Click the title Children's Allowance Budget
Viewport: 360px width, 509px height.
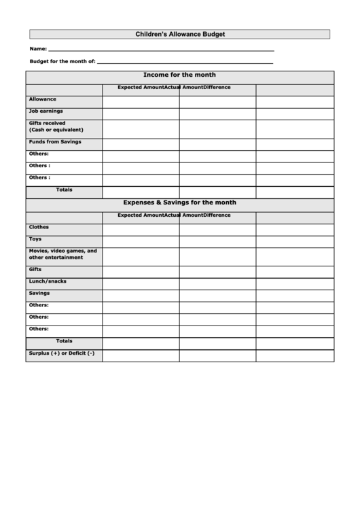(180, 34)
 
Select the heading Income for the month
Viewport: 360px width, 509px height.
(180, 75)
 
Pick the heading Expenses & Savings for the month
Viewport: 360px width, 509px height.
(180, 203)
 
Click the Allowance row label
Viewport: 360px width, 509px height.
(43, 99)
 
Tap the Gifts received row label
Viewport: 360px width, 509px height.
(48, 126)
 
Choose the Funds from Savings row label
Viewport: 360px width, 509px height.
(55, 141)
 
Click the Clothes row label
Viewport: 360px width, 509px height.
(39, 227)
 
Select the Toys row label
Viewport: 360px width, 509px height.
(35, 239)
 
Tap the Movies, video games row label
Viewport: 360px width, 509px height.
(62, 254)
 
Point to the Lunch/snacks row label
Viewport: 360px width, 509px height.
(48, 281)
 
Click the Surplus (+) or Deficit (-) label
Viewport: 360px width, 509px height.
(62, 353)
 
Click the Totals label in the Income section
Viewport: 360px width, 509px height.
(64, 190)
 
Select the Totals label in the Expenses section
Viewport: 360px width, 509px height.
(64, 341)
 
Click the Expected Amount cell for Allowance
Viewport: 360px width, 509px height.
(141, 102)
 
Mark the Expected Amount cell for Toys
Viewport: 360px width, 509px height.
(141, 241)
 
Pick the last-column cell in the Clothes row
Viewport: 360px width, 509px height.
(295, 230)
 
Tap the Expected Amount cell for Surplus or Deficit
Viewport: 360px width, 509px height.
(141, 355)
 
